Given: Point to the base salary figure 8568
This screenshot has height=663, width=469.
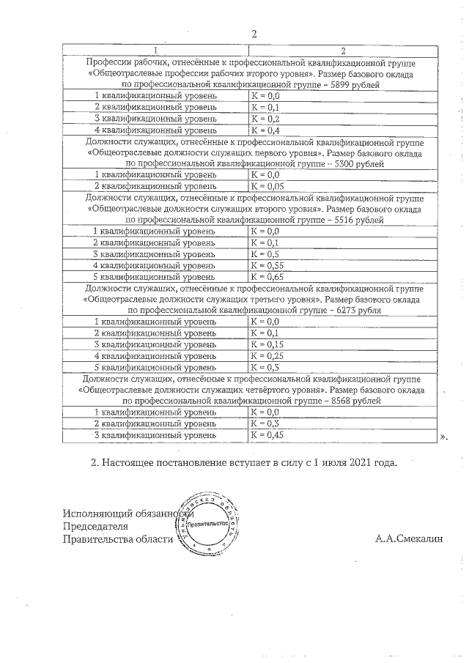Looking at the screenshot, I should (339, 401).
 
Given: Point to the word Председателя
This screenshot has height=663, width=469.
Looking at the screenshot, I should (96, 526).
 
